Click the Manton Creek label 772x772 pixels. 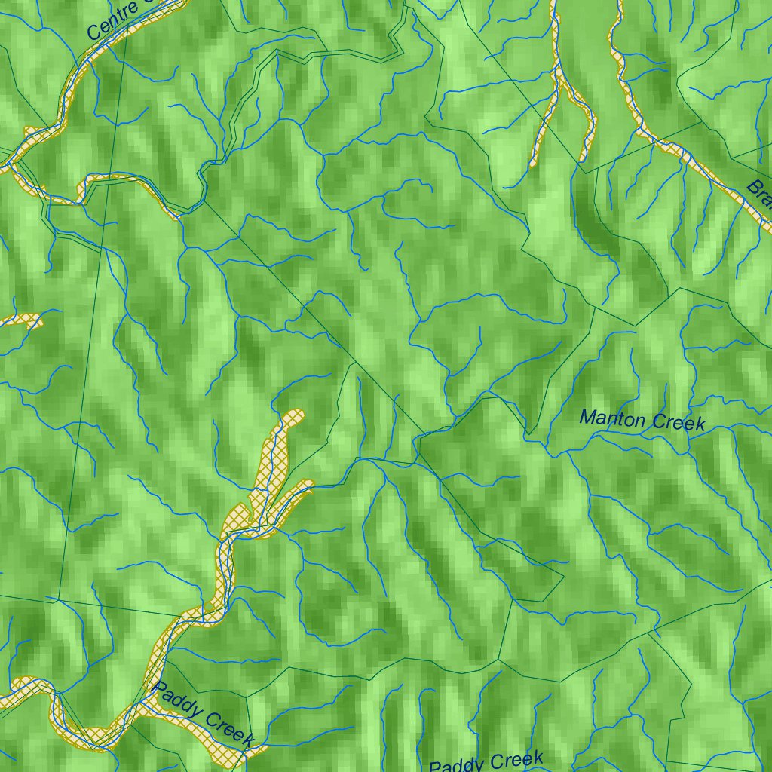[x=642, y=420]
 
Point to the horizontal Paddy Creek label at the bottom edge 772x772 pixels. [x=486, y=762]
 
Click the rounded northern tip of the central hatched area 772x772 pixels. [x=293, y=416]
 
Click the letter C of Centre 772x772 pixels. [x=93, y=33]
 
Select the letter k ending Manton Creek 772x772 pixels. [x=700, y=424]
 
